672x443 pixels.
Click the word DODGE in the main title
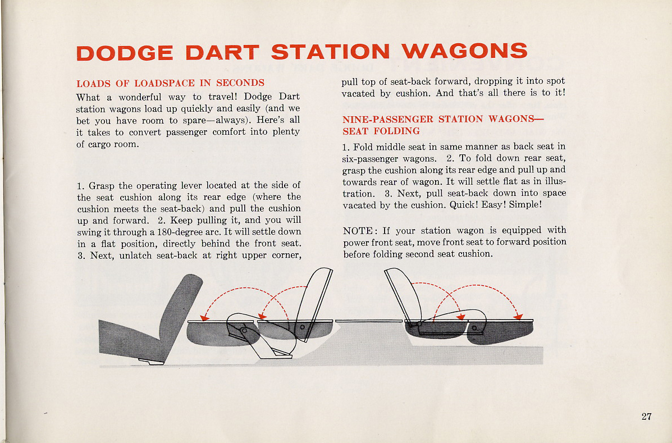[x=125, y=53]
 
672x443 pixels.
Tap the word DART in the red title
[x=222, y=52]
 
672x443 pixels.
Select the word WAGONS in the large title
[x=465, y=51]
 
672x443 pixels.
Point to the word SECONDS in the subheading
[x=240, y=83]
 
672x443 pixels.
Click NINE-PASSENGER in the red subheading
[x=388, y=119]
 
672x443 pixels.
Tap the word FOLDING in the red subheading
[x=396, y=131]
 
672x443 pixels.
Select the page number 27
[x=647, y=416]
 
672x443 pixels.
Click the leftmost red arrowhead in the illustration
[x=205, y=317]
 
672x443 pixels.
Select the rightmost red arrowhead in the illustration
[x=518, y=317]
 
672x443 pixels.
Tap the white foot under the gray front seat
[x=151, y=362]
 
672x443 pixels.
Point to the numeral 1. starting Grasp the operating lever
[x=81, y=186]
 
